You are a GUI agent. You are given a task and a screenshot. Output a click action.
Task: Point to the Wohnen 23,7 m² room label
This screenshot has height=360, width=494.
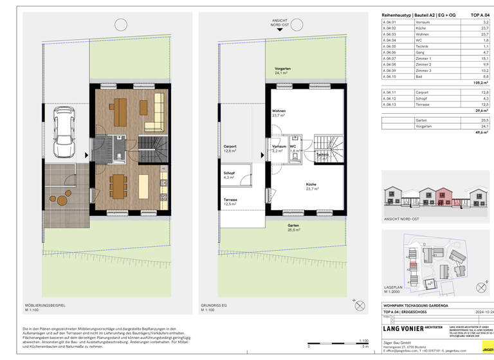pos(279,113)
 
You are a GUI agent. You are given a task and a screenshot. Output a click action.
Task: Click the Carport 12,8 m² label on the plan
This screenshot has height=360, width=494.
pos(232,148)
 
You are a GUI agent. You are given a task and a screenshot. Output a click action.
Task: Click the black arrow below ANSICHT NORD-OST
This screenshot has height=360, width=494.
pos(279,30)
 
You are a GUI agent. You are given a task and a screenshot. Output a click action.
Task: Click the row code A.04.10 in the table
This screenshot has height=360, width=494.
pos(389,76)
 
